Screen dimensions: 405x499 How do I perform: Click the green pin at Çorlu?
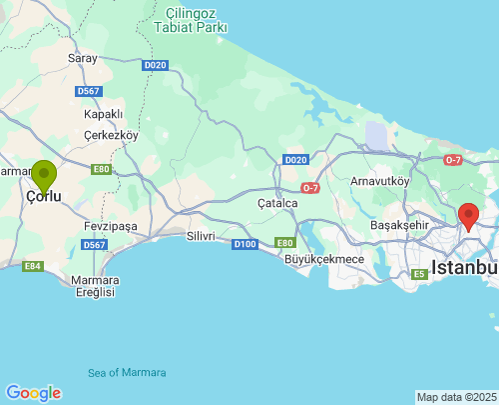coord(44,177)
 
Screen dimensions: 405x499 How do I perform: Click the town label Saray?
coord(82,59)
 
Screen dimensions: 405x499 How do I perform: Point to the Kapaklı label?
coord(103,114)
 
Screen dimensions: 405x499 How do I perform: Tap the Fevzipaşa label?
coord(111,227)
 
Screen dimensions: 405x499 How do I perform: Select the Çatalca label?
coord(277,203)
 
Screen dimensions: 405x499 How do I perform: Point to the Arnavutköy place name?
coord(379,181)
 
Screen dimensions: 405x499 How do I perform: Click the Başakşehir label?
coord(399,225)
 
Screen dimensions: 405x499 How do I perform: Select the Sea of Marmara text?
coord(127,373)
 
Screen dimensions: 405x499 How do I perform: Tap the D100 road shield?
coord(245,244)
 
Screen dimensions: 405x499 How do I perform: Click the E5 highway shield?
coord(417,273)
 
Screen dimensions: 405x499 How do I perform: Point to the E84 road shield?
coord(33,266)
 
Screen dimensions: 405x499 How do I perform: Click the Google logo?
coord(33,393)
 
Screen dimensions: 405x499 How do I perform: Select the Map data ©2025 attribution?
coord(456,397)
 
